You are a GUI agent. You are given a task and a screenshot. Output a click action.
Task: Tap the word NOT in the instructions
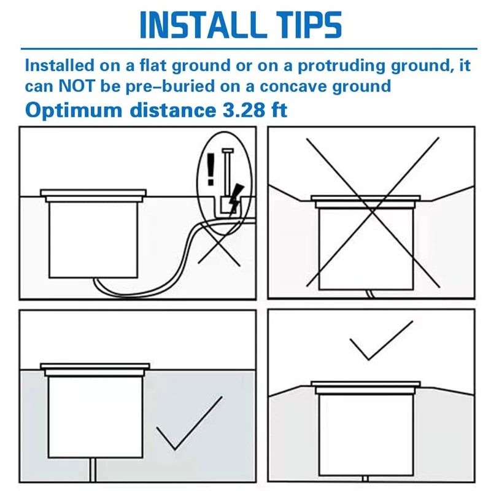(76, 86)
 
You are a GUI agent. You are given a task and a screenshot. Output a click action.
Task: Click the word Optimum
(74, 111)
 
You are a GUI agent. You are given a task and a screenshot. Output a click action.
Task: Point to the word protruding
(341, 66)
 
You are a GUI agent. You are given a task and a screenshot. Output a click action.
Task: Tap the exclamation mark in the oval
(211, 169)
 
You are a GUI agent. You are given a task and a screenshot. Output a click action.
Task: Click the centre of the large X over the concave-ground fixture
(373, 212)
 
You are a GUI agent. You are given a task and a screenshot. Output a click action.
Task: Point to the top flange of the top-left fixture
(93, 193)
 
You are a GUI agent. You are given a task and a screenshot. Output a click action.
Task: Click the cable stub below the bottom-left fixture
(93, 470)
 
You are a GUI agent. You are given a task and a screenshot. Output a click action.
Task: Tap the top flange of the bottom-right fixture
(366, 384)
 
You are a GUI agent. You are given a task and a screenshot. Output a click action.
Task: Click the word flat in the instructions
(153, 66)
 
